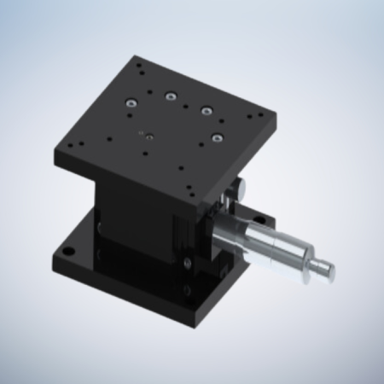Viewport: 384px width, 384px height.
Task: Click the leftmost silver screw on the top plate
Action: [130, 103]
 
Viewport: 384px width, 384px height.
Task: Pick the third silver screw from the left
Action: [205, 110]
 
